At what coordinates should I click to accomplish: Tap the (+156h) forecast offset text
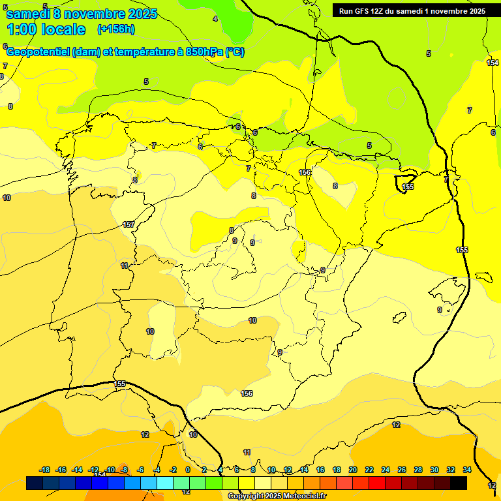point(115,29)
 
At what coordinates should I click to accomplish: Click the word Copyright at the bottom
point(246,496)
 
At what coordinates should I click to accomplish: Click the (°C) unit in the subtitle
point(235,52)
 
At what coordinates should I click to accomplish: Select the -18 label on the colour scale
point(45,470)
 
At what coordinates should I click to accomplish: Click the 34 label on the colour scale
point(467,470)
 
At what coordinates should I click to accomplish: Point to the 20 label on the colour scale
point(353,470)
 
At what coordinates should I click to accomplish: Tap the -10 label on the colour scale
point(110,470)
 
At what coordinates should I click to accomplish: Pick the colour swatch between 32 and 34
point(459,483)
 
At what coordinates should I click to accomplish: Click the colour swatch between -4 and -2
point(165,483)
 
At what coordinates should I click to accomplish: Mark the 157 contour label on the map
point(129,224)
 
